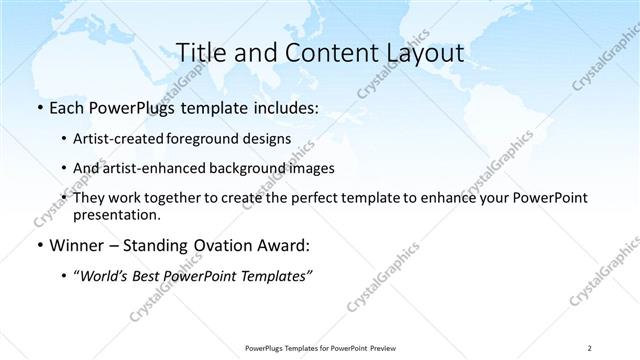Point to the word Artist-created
123,138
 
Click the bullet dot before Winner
38,245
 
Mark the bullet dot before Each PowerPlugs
38,107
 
